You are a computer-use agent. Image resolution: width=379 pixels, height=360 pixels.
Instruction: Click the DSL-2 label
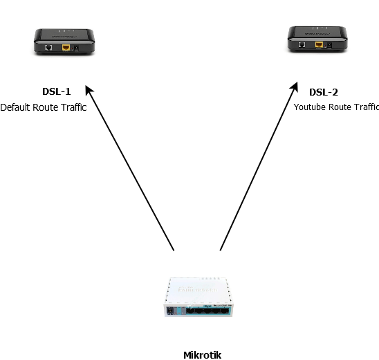point(324,92)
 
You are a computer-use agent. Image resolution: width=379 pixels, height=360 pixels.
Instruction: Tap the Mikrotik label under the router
point(202,355)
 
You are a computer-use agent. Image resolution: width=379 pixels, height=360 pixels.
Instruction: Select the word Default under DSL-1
point(16,107)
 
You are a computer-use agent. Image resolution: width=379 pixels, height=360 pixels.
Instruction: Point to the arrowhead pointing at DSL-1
point(89,91)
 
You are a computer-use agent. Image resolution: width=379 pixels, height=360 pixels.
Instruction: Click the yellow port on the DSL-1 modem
point(66,48)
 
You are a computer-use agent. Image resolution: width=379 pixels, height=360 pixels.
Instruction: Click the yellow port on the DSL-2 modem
point(319,45)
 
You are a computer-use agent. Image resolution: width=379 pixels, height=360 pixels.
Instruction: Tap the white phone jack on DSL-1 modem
point(48,48)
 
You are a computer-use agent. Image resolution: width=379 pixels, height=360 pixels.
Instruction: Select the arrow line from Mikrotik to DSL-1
point(131,170)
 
